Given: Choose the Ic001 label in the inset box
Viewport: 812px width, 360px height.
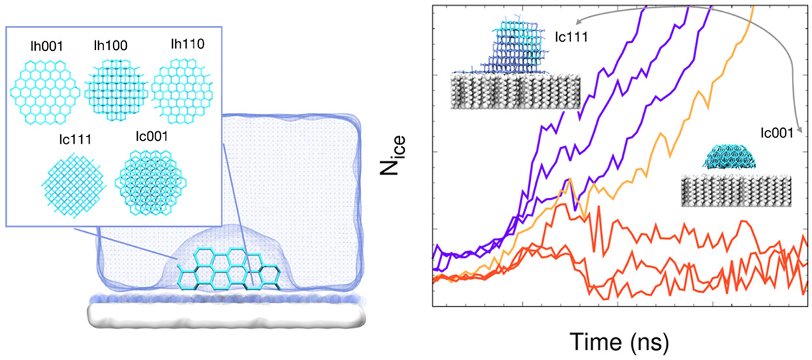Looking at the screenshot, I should coord(147,139).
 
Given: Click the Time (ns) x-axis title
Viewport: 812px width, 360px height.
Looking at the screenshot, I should coord(620,339).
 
